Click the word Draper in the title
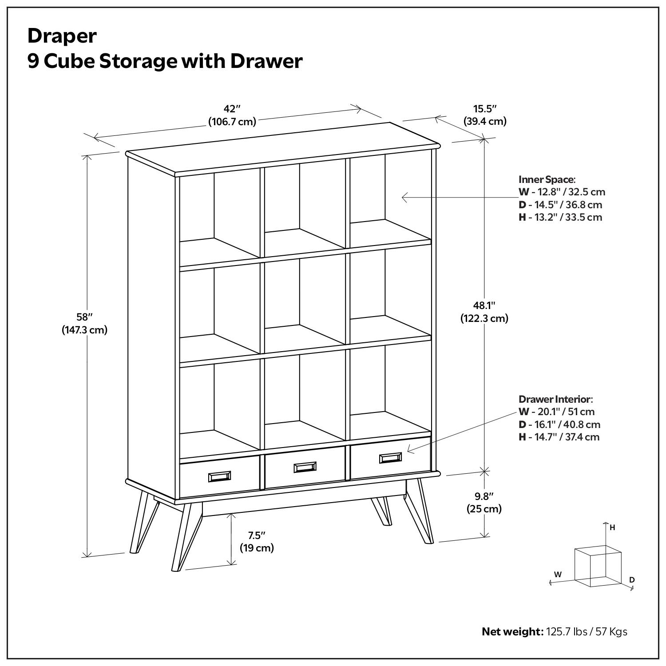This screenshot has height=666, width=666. click(x=62, y=36)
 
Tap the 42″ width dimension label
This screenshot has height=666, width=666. click(x=232, y=109)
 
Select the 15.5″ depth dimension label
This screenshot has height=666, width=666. click(x=485, y=109)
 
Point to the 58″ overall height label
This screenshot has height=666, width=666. click(x=84, y=317)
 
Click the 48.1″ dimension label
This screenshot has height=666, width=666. click(x=484, y=305)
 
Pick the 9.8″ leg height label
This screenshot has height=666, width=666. click(x=484, y=496)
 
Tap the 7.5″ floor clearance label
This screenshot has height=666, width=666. click(x=257, y=535)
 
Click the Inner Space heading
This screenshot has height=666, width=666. click(x=547, y=179)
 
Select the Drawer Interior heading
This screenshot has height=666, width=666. click(x=555, y=399)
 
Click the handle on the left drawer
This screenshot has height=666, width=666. click(x=219, y=476)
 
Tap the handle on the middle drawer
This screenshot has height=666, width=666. click(x=305, y=467)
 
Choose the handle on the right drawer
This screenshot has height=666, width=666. click(x=390, y=458)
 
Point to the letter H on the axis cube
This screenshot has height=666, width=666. click(x=612, y=527)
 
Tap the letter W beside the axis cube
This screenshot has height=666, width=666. click(x=558, y=574)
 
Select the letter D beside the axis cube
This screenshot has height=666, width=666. click(x=632, y=580)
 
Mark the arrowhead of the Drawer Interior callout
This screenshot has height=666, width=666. click(x=409, y=451)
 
